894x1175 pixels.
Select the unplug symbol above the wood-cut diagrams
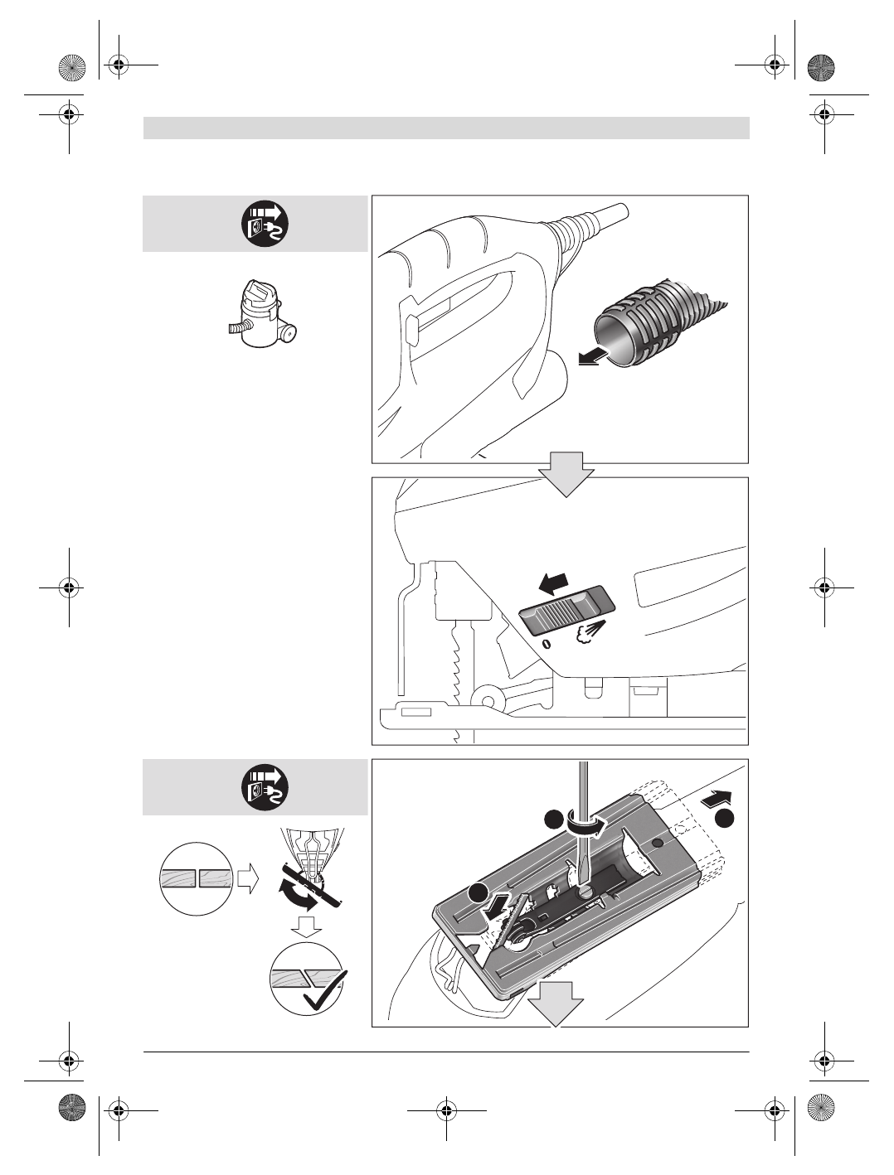click(x=265, y=788)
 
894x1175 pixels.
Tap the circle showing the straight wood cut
click(x=196, y=878)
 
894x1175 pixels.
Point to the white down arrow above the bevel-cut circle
click(x=308, y=927)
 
